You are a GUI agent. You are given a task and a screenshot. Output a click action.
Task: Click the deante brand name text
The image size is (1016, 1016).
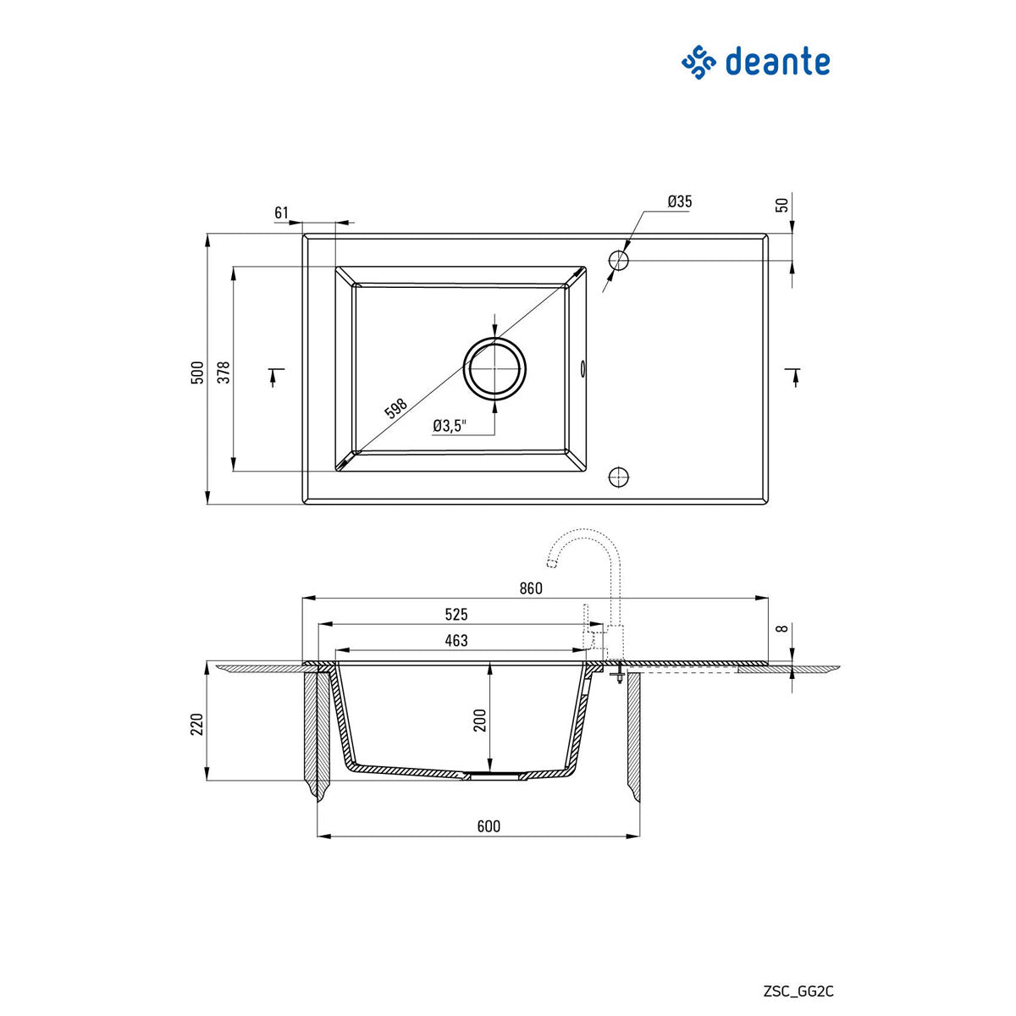pyautogui.click(x=776, y=63)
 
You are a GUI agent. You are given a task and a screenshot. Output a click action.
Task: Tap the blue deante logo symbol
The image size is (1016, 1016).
pyautogui.click(x=698, y=63)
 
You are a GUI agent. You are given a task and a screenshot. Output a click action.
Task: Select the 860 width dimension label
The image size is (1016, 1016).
pyautogui.click(x=530, y=588)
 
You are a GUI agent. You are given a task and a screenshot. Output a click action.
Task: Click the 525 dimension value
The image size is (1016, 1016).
pyautogui.click(x=456, y=615)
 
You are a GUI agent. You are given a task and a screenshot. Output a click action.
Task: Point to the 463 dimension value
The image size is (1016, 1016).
pyautogui.click(x=456, y=641)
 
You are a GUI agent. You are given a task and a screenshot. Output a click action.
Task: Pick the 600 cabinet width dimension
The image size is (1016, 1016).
pyautogui.click(x=489, y=826)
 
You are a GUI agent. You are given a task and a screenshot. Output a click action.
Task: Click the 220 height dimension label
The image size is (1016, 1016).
pyautogui.click(x=197, y=724)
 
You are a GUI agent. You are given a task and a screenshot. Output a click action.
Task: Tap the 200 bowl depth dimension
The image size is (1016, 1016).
pyautogui.click(x=480, y=721)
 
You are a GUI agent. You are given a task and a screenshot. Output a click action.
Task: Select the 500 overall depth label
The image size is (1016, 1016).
pyautogui.click(x=197, y=373)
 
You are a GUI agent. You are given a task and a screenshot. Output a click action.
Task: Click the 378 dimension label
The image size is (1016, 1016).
pyautogui.click(x=224, y=373)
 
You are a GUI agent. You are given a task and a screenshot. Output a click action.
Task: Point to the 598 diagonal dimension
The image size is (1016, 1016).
pyautogui.click(x=396, y=410)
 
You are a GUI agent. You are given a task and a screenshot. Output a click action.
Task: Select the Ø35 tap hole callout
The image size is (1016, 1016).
pyautogui.click(x=679, y=202)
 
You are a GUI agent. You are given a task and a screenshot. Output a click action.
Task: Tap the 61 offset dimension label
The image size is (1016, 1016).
pyautogui.click(x=282, y=213)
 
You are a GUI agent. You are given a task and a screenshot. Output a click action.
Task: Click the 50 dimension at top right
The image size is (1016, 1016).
pyautogui.click(x=782, y=204)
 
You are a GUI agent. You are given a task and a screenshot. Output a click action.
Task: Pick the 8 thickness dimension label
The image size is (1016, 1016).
pyautogui.click(x=782, y=628)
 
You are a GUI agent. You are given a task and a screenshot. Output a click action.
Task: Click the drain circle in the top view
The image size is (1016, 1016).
pyautogui.click(x=494, y=369)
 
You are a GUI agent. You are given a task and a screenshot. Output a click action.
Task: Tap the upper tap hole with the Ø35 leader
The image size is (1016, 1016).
pyautogui.click(x=619, y=260)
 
